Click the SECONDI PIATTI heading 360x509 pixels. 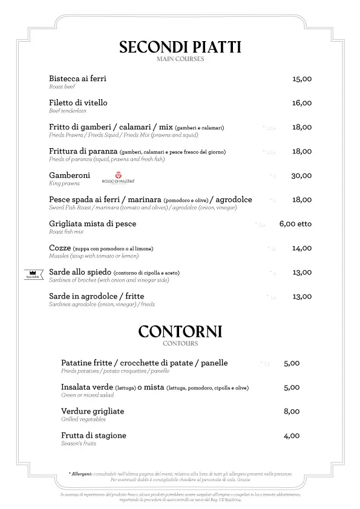[180, 47]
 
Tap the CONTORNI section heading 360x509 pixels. [180, 331]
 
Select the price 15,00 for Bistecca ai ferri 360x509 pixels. [301, 79]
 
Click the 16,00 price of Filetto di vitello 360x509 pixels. [301, 103]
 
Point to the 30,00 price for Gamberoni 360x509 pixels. [301, 175]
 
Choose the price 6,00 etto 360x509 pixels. [295, 224]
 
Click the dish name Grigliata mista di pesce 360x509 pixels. [93, 224]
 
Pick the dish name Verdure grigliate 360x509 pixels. [93, 411]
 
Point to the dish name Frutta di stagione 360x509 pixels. [94, 435]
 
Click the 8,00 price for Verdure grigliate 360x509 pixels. [292, 411]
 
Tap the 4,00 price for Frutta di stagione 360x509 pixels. [292, 435]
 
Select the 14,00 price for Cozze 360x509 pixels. [301, 248]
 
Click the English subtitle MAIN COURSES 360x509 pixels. [180, 59]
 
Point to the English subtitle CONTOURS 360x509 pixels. [180, 343]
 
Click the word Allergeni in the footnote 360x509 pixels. [80, 474]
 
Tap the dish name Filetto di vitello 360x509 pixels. [78, 103]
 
